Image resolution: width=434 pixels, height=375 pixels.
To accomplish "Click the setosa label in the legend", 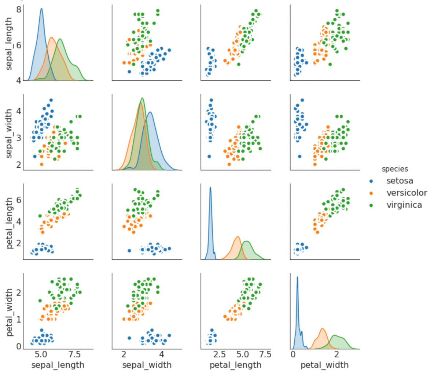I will point(400,181).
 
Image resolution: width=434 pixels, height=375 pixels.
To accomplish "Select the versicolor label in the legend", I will point(407,193).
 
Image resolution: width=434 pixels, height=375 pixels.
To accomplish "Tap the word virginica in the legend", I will point(404,205).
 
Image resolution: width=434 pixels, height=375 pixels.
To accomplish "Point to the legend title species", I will point(395,169).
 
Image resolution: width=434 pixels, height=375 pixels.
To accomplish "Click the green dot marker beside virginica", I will point(371,205).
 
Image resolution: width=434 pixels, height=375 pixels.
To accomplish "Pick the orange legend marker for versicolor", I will point(371,193).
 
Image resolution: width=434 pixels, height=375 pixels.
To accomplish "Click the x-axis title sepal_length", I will point(58,365).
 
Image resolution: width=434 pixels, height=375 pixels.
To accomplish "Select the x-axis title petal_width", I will point(324,365).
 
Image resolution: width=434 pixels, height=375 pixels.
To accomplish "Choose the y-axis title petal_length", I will point(9,223).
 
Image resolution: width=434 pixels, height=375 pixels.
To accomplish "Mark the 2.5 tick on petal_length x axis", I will point(219,354).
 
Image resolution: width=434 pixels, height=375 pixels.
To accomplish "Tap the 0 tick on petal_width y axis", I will point(19,346).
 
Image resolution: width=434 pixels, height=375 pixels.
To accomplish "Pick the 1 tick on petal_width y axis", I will point(19,319).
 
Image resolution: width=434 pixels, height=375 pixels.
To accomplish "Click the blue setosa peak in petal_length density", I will point(210,187).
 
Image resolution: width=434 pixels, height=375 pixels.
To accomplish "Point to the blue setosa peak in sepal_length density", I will point(41,9).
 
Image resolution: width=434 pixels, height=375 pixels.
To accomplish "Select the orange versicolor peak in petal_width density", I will point(322,329).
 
